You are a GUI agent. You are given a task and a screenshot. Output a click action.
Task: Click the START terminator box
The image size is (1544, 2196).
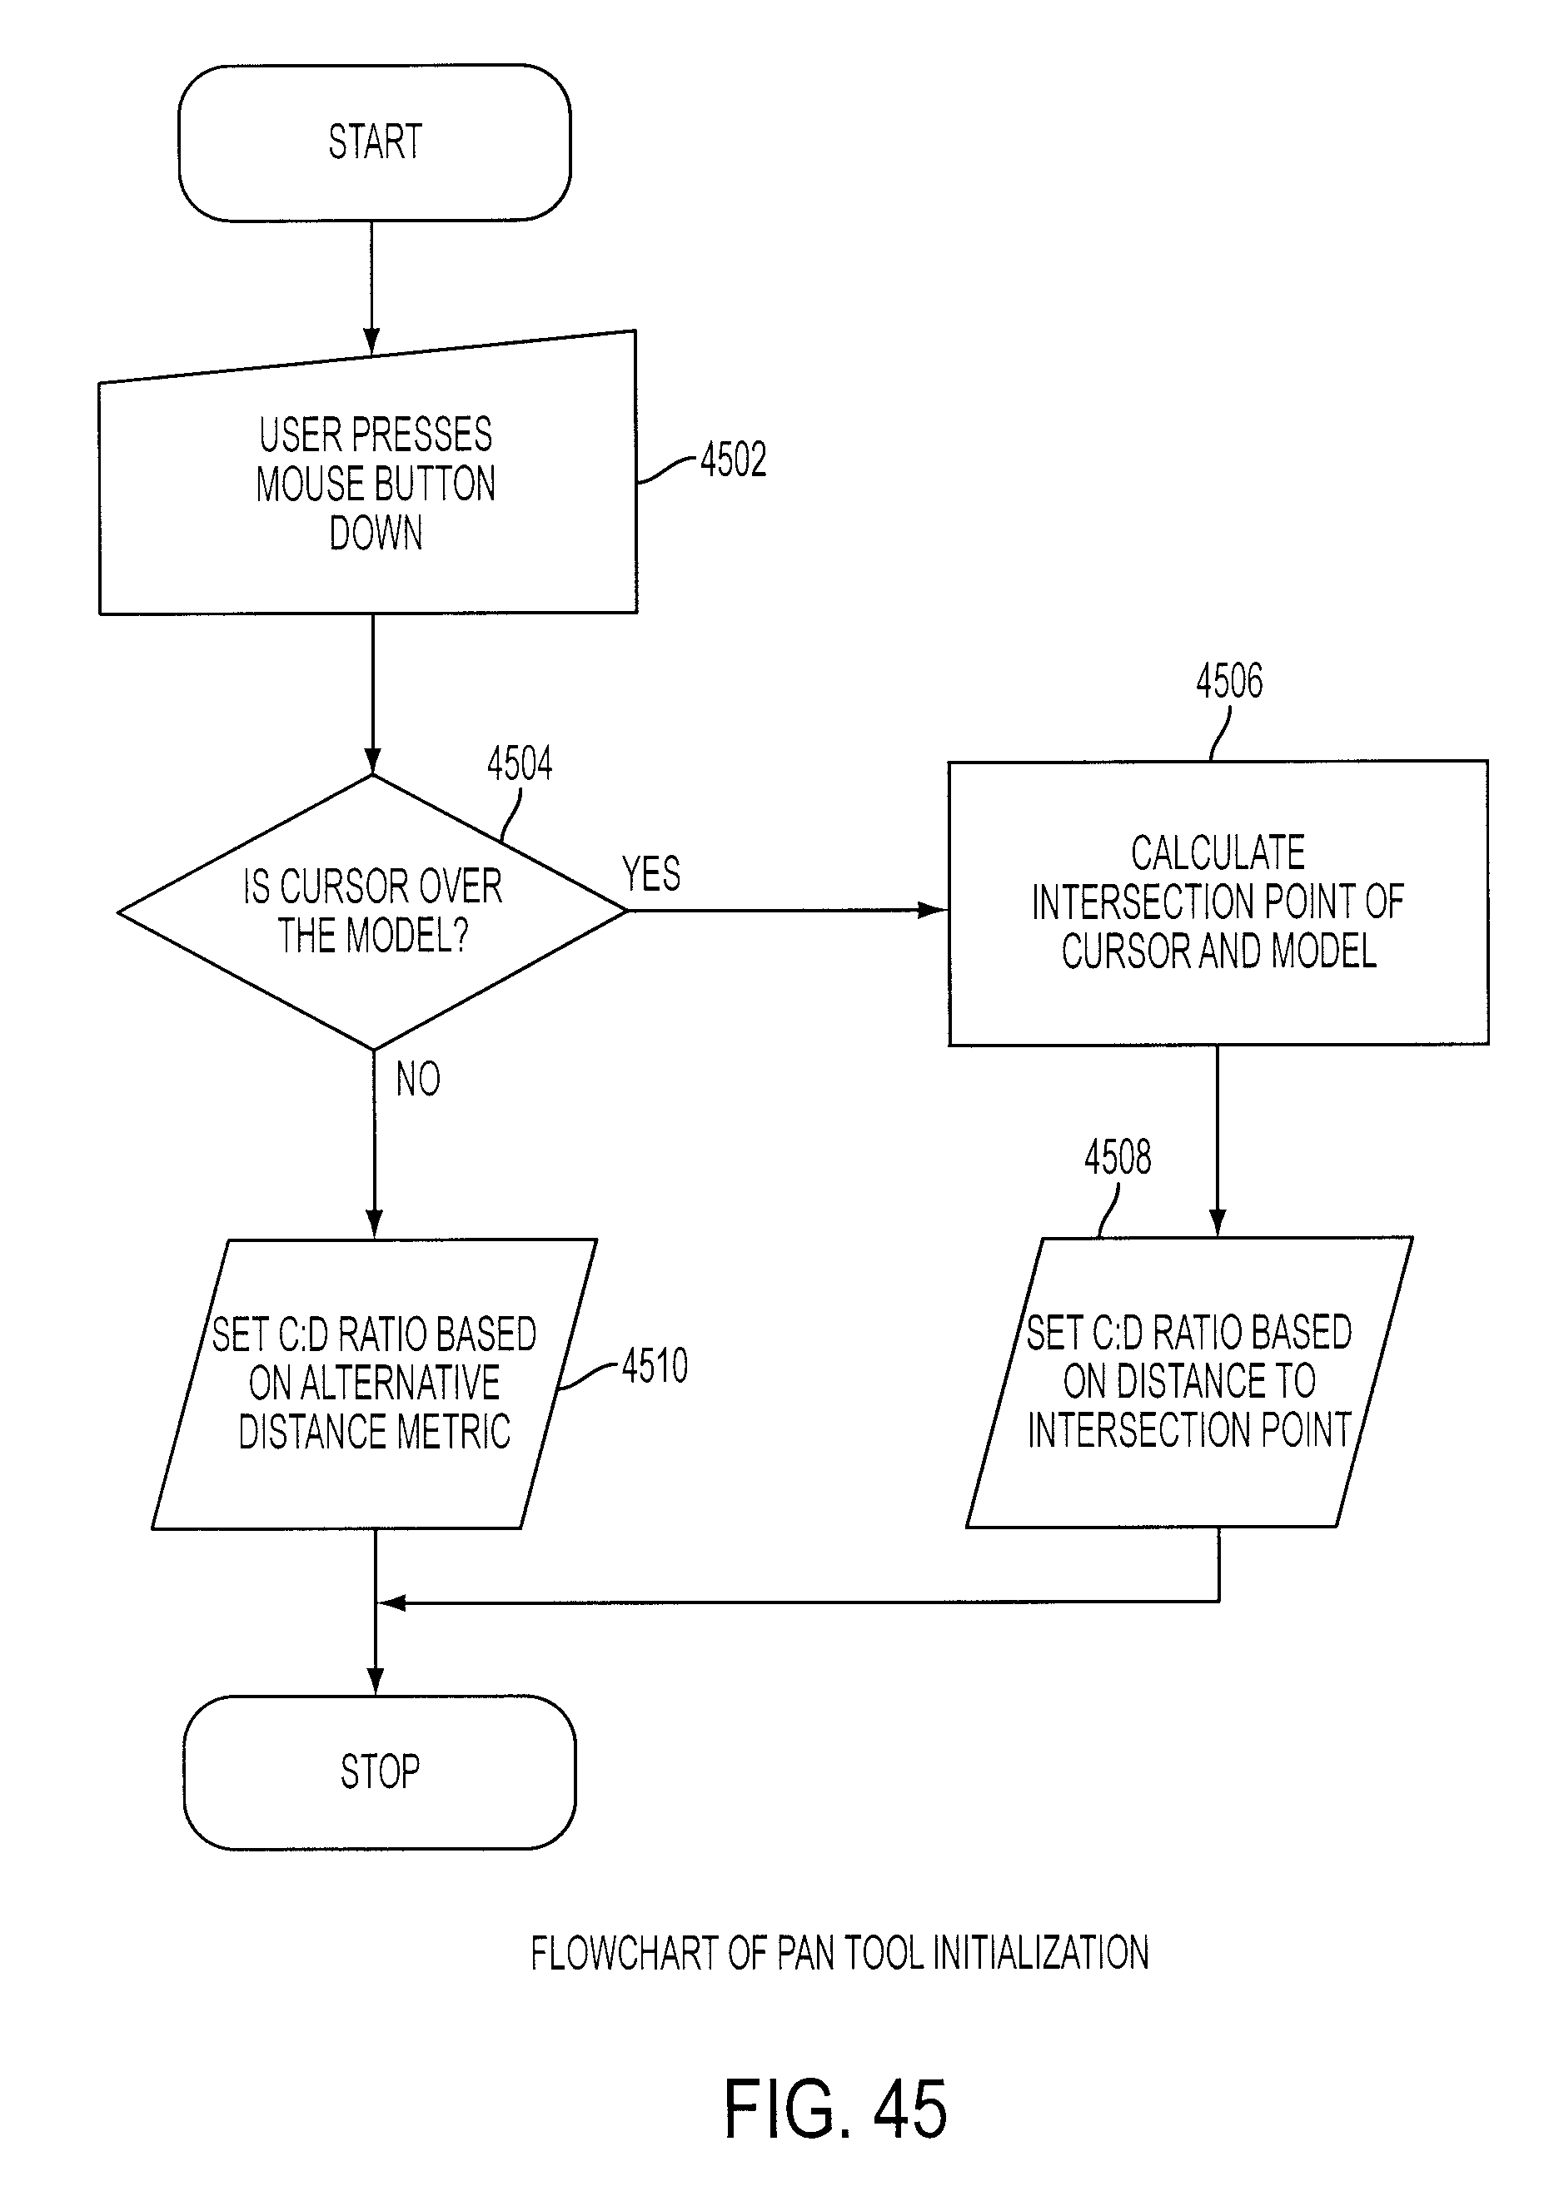(374, 142)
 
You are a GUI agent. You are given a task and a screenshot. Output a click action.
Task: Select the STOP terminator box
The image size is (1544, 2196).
(380, 1772)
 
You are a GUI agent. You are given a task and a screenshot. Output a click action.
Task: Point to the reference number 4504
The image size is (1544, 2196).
(520, 764)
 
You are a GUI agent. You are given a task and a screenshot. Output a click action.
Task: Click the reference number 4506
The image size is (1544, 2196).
(1229, 681)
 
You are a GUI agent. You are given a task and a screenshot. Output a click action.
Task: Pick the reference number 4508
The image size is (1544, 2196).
(1118, 1157)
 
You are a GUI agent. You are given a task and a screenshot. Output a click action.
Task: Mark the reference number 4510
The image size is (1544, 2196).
(655, 1366)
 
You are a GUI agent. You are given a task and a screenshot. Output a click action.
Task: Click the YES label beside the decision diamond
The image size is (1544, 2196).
(651, 873)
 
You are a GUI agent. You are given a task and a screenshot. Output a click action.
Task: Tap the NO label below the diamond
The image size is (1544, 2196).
(418, 1079)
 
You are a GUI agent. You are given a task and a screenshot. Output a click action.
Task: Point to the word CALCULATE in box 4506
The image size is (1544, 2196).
(1218, 852)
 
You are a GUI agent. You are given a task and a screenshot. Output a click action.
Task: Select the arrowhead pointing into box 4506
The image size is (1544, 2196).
(932, 910)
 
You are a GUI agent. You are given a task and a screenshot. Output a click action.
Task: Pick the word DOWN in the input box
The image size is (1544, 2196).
(376, 534)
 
